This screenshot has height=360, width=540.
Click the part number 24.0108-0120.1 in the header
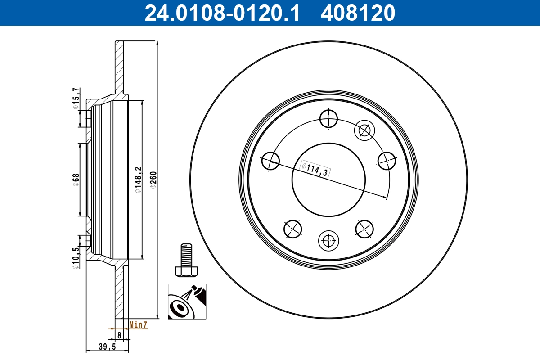pyautogui.click(x=221, y=13)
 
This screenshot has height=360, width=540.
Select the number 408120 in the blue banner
pyautogui.click(x=358, y=13)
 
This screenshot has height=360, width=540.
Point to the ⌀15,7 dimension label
pyautogui.click(x=76, y=99)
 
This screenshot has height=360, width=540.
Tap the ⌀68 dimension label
pyautogui.click(x=76, y=180)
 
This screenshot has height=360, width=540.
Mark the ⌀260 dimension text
pyautogui.click(x=153, y=180)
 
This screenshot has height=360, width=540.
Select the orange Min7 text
pyautogui.click(x=138, y=324)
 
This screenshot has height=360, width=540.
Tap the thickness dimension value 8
pyautogui.click(x=119, y=335)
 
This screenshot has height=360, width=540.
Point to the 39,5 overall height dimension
pyautogui.click(x=107, y=346)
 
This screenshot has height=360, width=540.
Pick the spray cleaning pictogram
pyautogui.click(x=187, y=301)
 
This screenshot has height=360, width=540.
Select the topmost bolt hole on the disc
pyautogui.click(x=329, y=119)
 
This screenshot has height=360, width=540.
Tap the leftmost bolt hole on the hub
pyautogui.click(x=270, y=161)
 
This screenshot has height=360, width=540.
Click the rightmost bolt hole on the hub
pyautogui.click(x=387, y=160)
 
